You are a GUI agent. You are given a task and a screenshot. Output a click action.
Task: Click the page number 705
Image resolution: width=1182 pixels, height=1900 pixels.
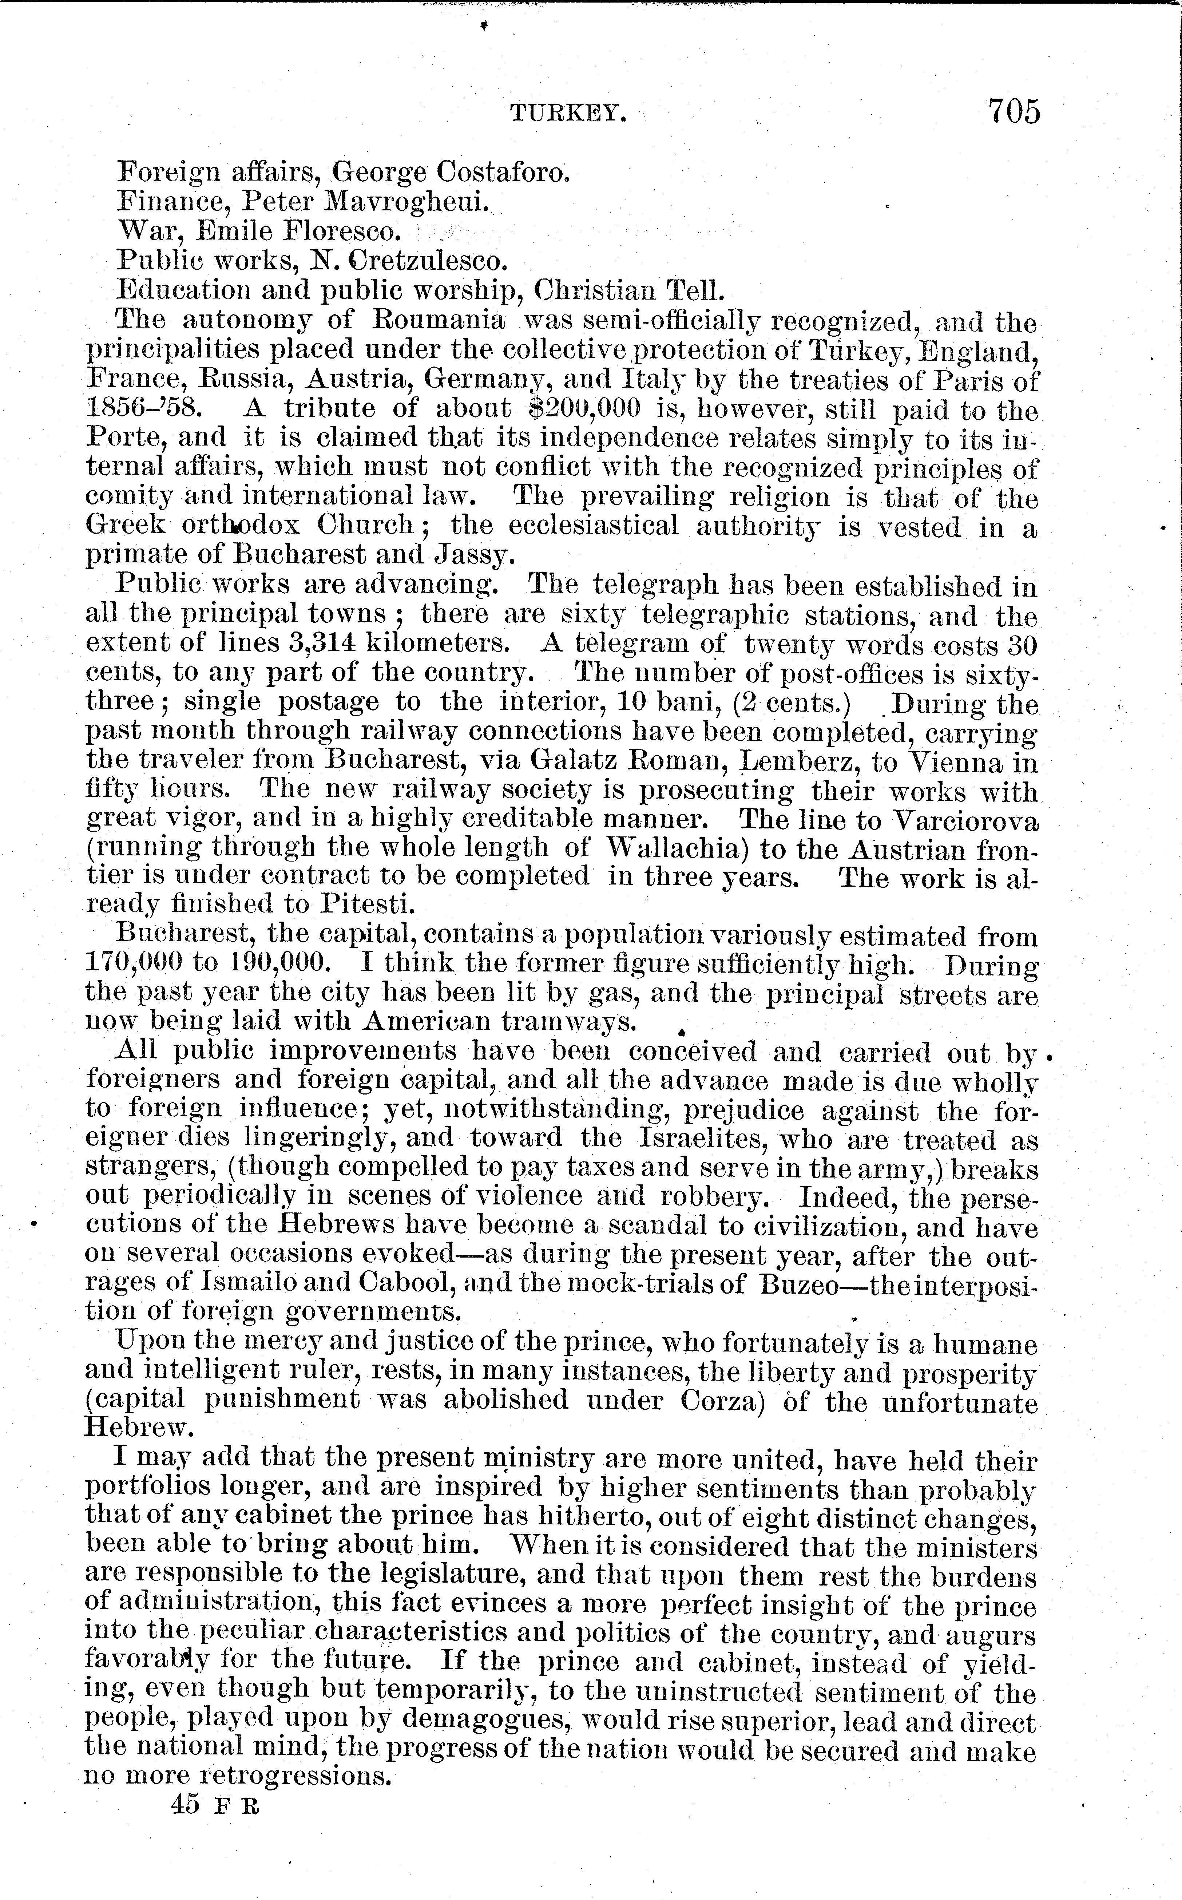point(1014,111)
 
